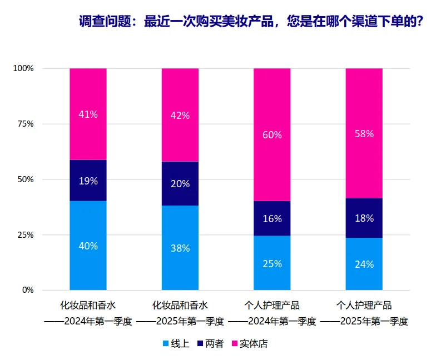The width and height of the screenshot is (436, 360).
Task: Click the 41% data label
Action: tap(88, 114)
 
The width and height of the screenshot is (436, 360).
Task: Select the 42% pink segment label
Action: tap(180, 116)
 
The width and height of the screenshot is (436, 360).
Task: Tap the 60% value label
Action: tap(272, 135)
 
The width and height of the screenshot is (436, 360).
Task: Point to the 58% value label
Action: tap(364, 134)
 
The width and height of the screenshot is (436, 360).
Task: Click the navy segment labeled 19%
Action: tap(88, 181)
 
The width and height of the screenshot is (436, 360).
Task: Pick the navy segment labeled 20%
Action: tap(180, 184)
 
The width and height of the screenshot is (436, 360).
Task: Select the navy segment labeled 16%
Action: tap(272, 218)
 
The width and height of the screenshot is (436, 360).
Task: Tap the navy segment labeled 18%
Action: tap(364, 218)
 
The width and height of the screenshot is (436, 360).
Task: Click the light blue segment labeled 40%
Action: tap(88, 246)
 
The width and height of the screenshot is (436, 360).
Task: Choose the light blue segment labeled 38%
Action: tap(180, 248)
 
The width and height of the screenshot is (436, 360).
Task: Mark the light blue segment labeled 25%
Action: tap(272, 263)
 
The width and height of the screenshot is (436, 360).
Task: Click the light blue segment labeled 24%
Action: tap(364, 264)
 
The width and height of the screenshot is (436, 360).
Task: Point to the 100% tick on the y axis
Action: tap(23, 68)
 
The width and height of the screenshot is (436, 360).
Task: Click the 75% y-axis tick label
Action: tap(26, 124)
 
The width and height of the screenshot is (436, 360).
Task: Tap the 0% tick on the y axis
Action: tap(28, 290)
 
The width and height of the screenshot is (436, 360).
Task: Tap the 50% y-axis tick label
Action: tap(26, 179)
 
